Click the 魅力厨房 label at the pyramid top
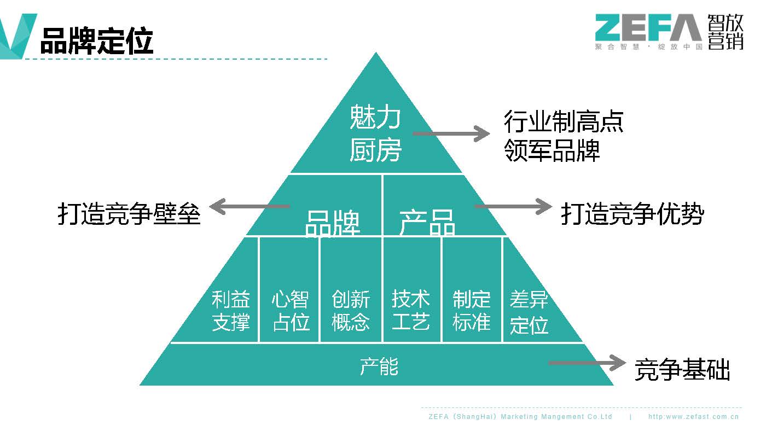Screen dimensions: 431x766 375,134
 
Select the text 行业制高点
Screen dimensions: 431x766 564,122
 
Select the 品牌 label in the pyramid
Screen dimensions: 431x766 332,222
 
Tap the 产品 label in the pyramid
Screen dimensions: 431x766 427,222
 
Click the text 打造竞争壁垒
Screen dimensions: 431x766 129,214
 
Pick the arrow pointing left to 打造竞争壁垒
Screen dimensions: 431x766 249,206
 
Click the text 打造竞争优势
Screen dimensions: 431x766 632,214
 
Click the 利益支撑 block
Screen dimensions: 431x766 231,310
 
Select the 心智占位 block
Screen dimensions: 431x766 291,310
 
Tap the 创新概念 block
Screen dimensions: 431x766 351,310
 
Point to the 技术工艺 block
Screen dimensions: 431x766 411,310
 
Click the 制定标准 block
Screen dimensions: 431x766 471,310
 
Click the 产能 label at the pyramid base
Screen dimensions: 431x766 379,366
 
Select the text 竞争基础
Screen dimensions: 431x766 682,370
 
